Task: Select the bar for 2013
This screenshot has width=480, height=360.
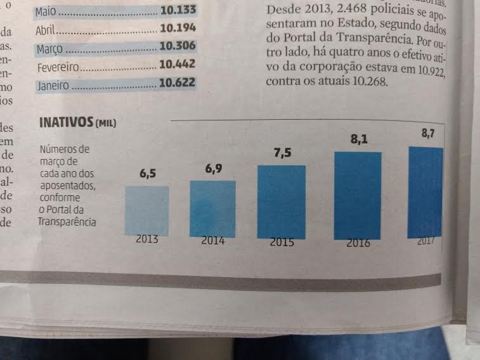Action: click(x=147, y=210)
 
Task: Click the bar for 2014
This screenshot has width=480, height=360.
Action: click(x=212, y=209)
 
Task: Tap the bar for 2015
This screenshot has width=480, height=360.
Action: click(x=281, y=202)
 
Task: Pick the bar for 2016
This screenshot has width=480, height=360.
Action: click(x=358, y=195)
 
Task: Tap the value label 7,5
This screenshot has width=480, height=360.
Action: click(x=282, y=153)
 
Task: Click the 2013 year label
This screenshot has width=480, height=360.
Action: click(x=146, y=240)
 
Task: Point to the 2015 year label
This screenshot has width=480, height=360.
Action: click(x=282, y=242)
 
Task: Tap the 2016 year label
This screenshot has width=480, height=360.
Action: click(x=358, y=243)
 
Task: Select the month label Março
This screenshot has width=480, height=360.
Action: click(x=49, y=48)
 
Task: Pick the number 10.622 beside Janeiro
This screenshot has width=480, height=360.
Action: click(x=178, y=83)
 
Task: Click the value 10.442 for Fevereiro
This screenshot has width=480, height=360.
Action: click(x=178, y=65)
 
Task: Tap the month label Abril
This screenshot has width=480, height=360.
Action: click(x=47, y=30)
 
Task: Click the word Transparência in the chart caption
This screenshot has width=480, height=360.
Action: click(x=67, y=221)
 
